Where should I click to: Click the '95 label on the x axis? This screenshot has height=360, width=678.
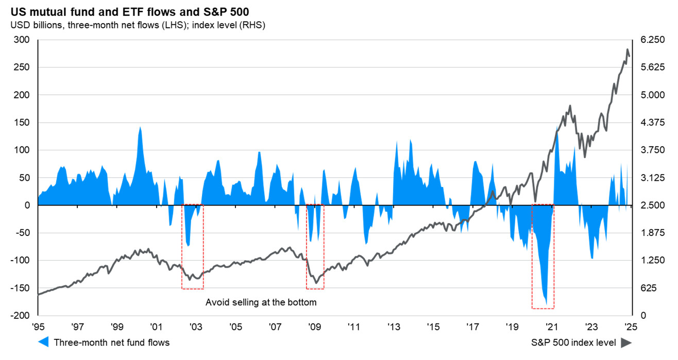[x=38, y=327]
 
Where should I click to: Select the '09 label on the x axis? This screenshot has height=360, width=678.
[x=314, y=327]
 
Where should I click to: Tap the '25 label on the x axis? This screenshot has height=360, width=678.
[x=629, y=327]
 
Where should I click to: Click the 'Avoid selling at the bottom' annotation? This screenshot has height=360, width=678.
[x=261, y=302]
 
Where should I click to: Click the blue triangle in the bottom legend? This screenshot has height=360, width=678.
[x=44, y=342]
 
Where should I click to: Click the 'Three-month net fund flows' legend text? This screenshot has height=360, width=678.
[x=111, y=342]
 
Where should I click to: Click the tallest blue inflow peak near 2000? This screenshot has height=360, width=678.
[x=140, y=127]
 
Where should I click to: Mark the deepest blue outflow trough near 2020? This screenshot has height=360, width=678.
[x=546, y=304]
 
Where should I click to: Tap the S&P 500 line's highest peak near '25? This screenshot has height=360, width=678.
[x=627, y=49]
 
